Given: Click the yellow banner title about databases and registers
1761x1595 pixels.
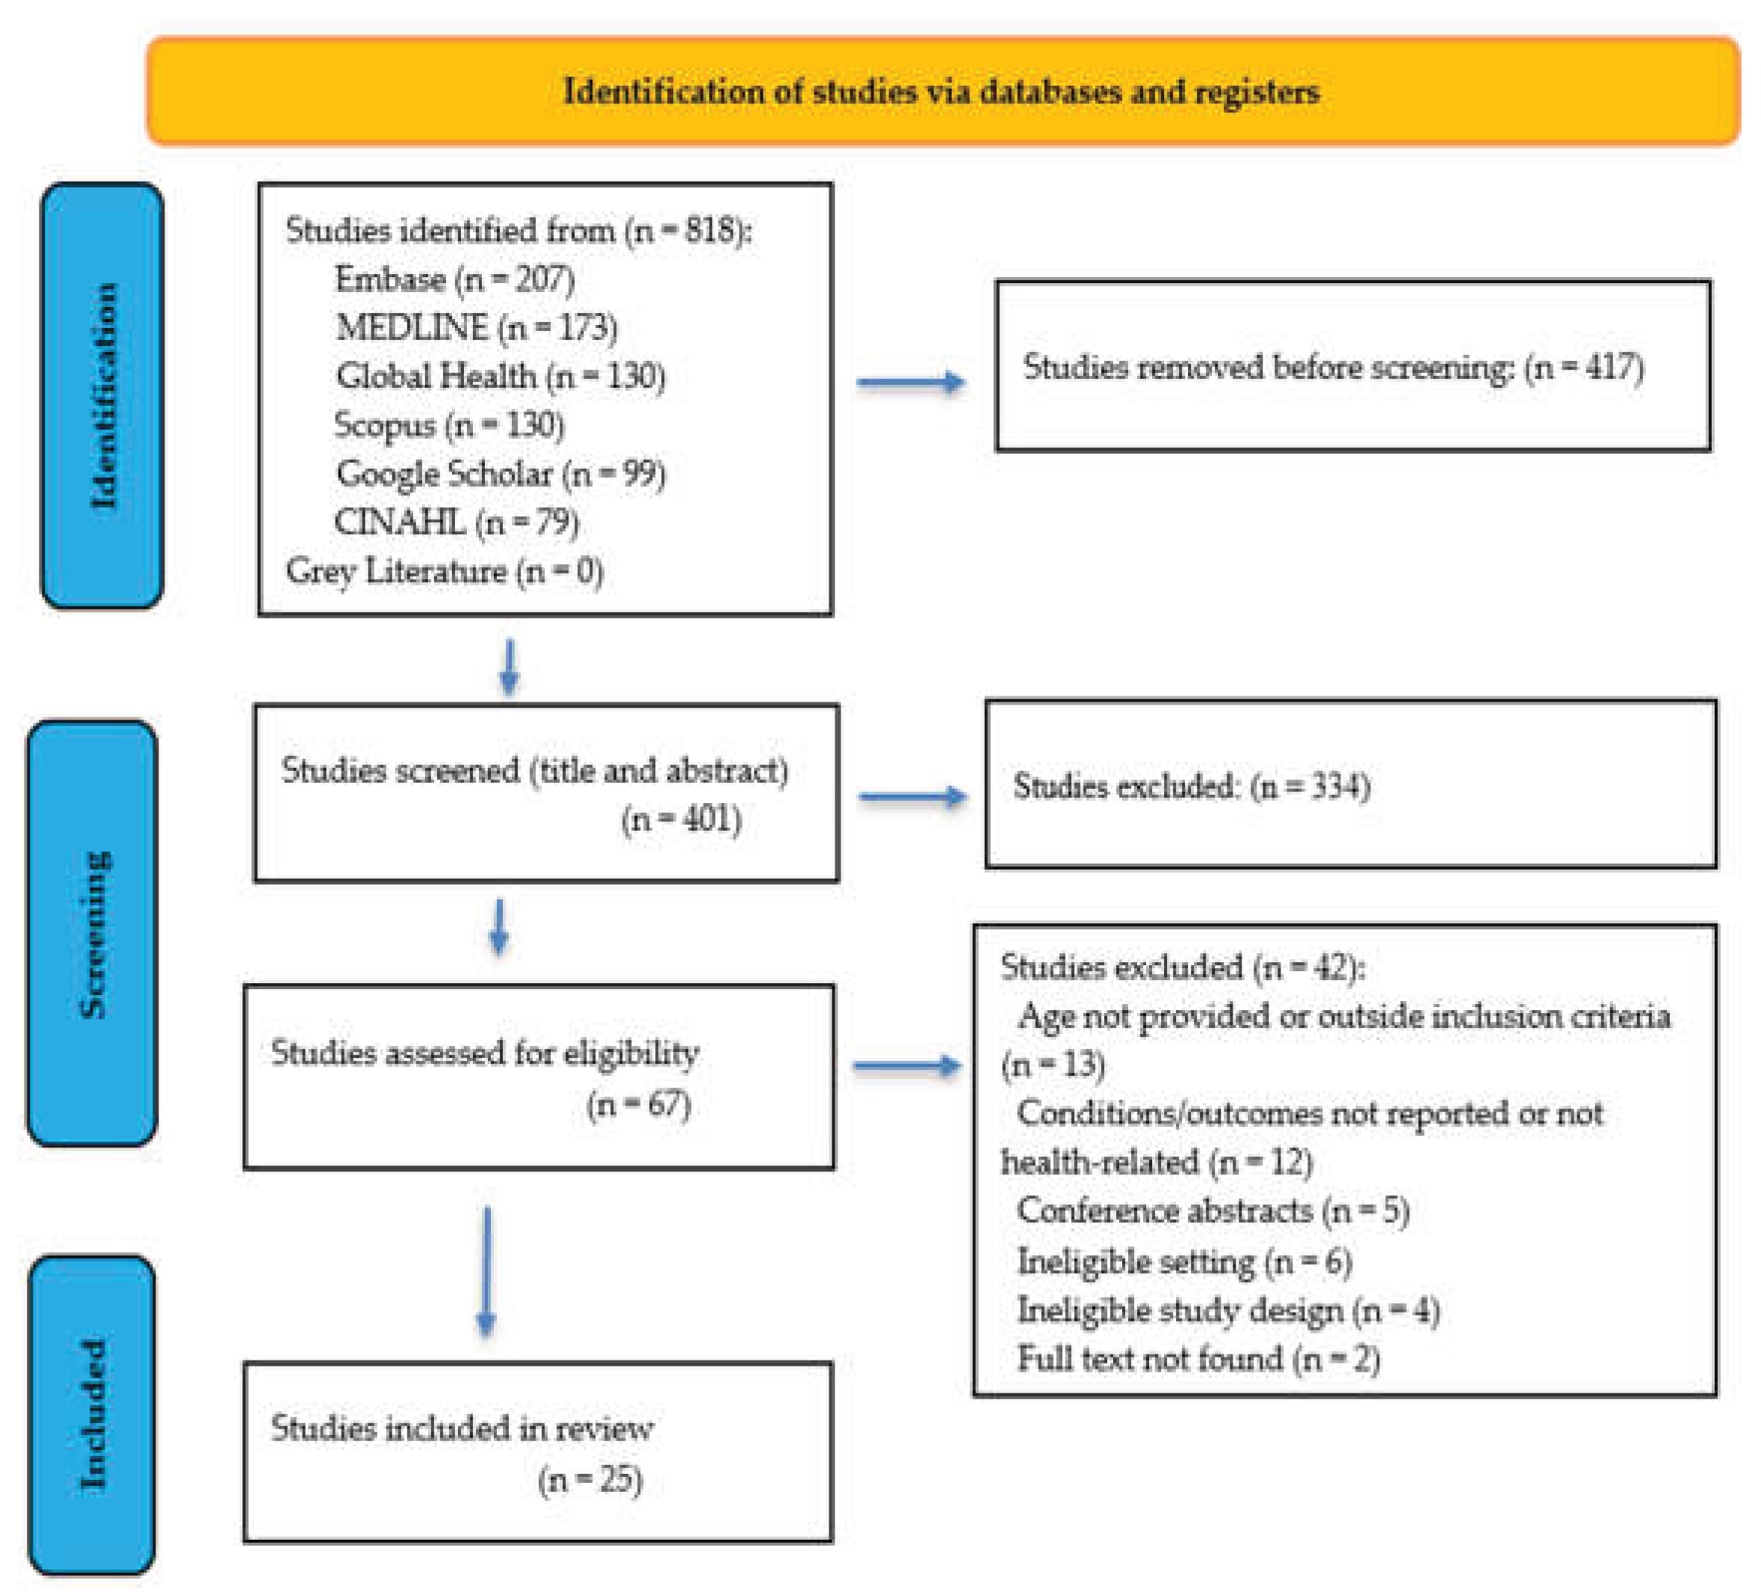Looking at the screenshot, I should point(941,92).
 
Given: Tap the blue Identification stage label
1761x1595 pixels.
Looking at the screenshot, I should point(103,396).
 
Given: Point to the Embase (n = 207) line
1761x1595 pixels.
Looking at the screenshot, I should point(454,279).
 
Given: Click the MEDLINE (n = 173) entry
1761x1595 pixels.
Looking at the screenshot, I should point(477,327).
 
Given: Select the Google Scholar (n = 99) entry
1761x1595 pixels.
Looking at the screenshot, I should point(501,474).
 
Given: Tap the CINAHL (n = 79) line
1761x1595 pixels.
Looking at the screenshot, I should point(457,522).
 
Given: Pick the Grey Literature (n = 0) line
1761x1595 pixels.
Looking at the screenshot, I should point(445,572).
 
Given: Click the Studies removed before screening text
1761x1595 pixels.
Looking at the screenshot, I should point(1333,367).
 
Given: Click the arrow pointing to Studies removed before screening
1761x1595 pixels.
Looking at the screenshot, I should point(911,382).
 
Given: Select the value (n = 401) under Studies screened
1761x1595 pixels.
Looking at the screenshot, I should point(681,820).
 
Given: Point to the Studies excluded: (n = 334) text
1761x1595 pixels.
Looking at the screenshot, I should point(1192,786).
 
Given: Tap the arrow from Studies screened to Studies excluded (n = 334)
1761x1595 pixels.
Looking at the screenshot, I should point(913,796).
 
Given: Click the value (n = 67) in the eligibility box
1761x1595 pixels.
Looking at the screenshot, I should point(639,1104).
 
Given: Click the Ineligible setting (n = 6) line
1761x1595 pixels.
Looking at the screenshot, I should point(1183,1261).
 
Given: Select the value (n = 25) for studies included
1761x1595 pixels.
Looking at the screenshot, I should point(590,1480).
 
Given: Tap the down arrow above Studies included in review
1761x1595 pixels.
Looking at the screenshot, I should point(486,1271).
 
